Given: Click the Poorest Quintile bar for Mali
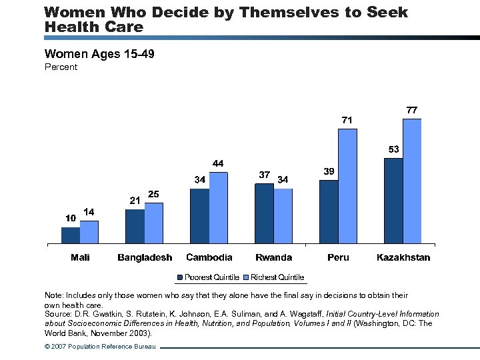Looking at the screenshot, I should point(71,235).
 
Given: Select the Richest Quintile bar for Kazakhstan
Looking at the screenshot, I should point(412,181).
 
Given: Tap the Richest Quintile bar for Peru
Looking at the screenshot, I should point(347,186).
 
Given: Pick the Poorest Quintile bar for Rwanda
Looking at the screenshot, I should point(264,213).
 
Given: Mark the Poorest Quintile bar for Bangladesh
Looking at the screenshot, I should point(135,227).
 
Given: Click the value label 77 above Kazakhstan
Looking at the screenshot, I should point(412,109).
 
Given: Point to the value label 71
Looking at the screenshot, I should point(347,120).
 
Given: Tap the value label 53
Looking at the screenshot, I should point(393,149).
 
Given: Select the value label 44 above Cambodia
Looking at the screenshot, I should point(218,163).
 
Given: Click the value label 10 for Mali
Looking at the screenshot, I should point(70,218).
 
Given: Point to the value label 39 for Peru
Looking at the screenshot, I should point(329,171).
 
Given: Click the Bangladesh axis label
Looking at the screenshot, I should point(145,257).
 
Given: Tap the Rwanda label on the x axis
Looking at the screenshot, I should point(273,257).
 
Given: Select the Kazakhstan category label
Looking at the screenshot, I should point(403,257).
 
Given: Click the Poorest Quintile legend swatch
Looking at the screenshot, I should point(180,277).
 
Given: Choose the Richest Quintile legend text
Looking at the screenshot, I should point(277,277).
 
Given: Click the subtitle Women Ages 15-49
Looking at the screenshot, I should point(99,53).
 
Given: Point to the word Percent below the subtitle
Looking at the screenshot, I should point(61,67).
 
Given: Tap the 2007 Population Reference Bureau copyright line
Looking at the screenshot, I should point(100,347).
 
